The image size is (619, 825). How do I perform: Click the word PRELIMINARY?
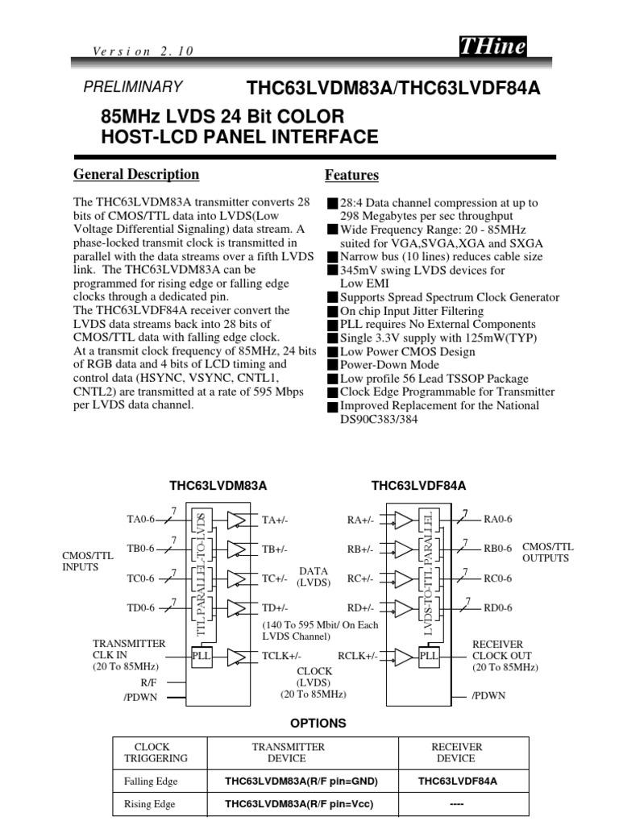pyautogui.click(x=133, y=87)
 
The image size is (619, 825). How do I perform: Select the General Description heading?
pyautogui.click(x=136, y=174)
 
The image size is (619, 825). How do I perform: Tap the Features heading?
pyautogui.click(x=351, y=175)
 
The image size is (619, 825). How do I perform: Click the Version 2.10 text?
pyautogui.click(x=143, y=51)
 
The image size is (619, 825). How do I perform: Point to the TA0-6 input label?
pyautogui.click(x=140, y=520)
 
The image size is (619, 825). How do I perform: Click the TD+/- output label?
pyautogui.click(x=275, y=607)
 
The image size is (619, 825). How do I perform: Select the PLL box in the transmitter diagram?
pyautogui.click(x=201, y=656)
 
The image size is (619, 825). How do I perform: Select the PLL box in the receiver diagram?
pyautogui.click(x=429, y=656)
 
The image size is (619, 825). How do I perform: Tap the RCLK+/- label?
pyautogui.click(x=358, y=656)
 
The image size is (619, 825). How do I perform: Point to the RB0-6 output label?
pyautogui.click(x=497, y=549)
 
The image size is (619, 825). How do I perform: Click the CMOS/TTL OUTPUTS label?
pyautogui.click(x=547, y=552)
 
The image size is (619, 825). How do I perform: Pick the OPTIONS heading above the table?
pyautogui.click(x=319, y=723)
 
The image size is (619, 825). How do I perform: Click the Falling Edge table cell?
pyautogui.click(x=151, y=781)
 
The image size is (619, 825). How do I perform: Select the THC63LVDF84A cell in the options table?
pyautogui.click(x=457, y=781)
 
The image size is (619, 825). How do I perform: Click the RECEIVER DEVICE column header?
pyautogui.click(x=457, y=752)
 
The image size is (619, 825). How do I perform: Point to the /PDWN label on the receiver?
pyautogui.click(x=489, y=695)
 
